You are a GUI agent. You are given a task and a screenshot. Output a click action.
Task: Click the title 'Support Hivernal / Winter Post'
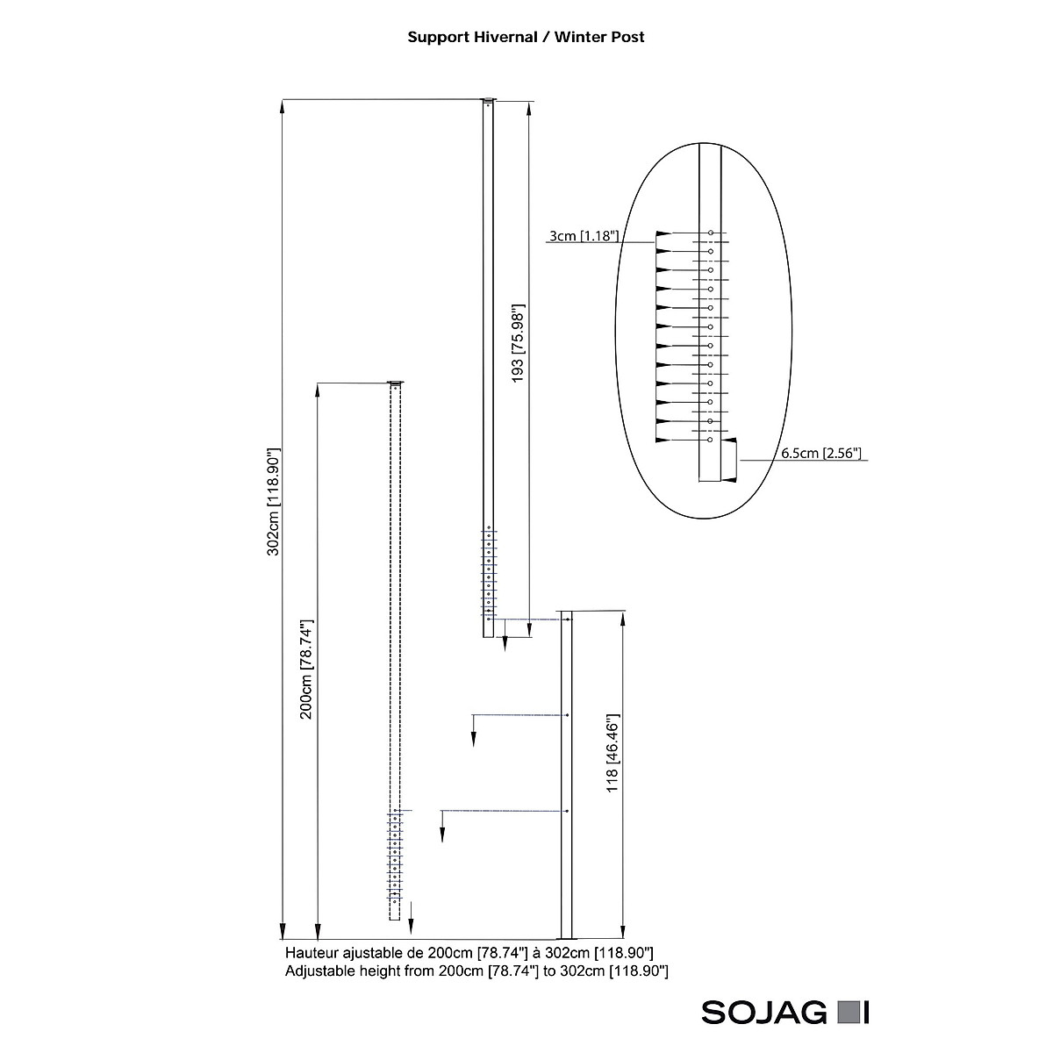point(526,37)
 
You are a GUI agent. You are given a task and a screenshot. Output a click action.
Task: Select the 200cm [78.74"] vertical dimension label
point(306,670)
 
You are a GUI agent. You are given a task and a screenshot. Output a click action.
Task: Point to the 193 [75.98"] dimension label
point(518,342)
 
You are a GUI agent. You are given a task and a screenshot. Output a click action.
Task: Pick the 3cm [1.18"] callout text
point(584,236)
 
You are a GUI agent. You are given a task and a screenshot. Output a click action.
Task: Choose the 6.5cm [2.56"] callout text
point(821,454)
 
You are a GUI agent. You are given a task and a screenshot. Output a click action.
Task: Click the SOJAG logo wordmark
point(763,1013)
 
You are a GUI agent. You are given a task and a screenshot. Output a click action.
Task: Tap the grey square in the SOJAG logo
point(847,1013)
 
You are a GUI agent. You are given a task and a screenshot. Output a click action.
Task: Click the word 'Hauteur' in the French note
point(312,952)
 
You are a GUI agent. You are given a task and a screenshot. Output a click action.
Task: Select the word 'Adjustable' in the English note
point(320,971)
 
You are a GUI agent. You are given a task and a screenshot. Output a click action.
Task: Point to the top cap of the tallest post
point(489,99)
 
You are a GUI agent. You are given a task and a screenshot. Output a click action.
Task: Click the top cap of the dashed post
point(397,383)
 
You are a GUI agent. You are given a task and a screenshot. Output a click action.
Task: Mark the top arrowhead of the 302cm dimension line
point(283,107)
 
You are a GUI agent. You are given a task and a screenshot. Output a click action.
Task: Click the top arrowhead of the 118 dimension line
point(622,618)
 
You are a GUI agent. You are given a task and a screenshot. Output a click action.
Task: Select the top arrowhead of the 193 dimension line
point(529,109)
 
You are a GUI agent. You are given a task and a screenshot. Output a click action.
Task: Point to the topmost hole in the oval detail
point(710,233)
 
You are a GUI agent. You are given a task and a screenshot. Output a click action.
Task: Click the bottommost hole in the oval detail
point(710,441)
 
